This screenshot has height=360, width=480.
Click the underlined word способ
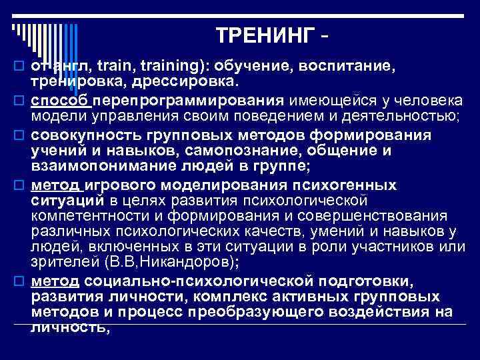(61, 101)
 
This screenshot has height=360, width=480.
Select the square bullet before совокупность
(17, 135)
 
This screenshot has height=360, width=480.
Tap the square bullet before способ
(17, 101)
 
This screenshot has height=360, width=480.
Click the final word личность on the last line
(67, 327)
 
